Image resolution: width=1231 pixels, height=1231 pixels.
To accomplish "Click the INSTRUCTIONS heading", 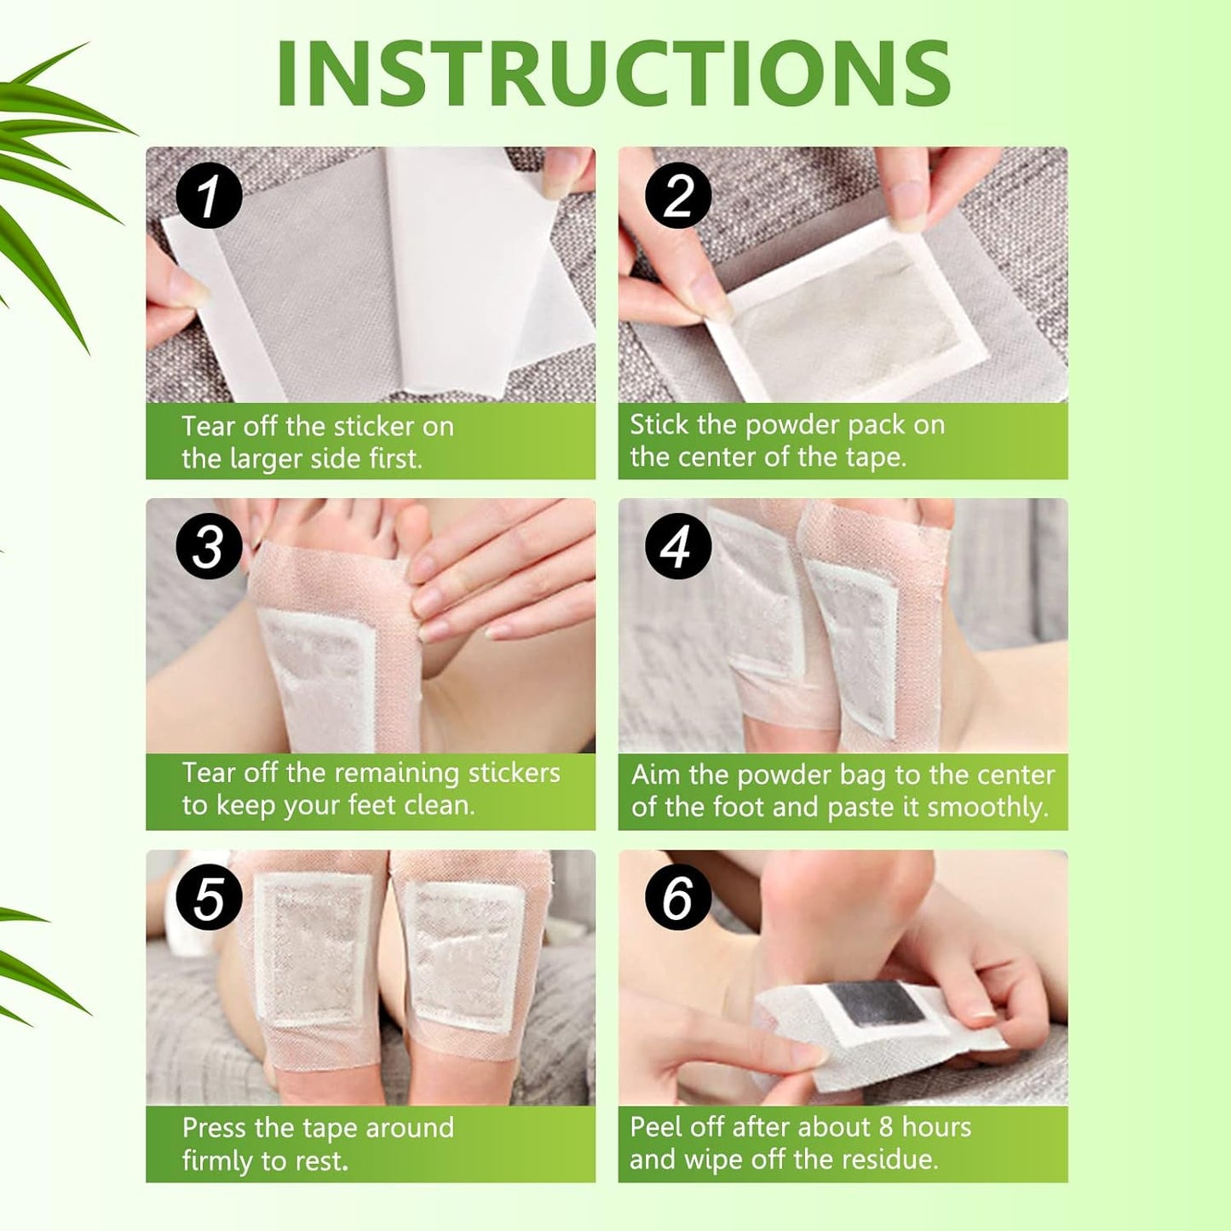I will coord(613,74).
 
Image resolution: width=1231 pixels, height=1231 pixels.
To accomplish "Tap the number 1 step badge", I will coord(209,195).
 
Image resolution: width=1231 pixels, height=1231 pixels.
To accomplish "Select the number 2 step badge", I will coord(678,195).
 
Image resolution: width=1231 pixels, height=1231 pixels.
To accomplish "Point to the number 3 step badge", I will coord(209,546).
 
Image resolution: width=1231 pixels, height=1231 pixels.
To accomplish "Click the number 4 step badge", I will coord(678,546).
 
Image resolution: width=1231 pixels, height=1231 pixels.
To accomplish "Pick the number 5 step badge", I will coord(209,898).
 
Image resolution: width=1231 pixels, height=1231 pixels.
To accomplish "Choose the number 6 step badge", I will coord(678,898).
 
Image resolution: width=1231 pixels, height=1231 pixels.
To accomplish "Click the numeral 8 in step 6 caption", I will coord(886,1127).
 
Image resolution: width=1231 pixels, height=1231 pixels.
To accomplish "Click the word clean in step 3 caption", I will coord(438,805).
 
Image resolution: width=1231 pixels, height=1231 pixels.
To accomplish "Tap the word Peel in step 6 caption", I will coord(656,1127).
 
